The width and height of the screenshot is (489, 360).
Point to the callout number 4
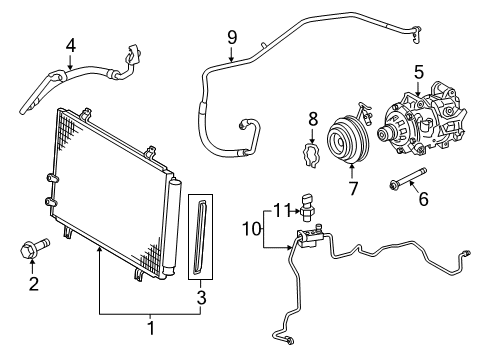70,44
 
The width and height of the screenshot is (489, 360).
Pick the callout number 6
422,200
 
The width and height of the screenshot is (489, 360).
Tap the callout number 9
231,38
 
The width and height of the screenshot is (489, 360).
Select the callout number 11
282,211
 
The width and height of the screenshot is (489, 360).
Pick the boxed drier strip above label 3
201,236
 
